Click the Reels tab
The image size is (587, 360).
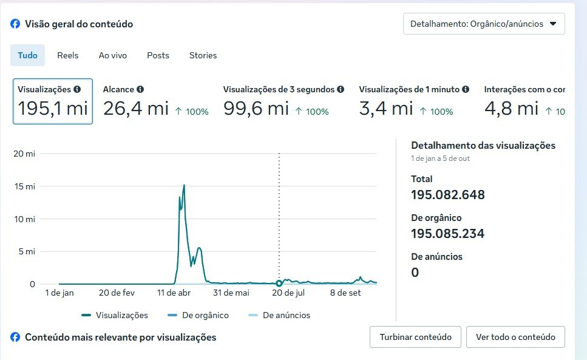[68, 55]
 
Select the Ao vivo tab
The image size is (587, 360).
[113, 55]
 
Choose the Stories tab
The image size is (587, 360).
[203, 55]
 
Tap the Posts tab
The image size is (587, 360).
[158, 55]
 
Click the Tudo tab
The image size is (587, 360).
[27, 55]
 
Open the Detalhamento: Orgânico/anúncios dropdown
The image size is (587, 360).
[484, 24]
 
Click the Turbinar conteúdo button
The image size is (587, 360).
[415, 337]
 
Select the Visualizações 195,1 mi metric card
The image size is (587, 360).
[53, 101]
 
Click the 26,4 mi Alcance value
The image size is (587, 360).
[135, 109]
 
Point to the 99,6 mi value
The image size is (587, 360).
[256, 109]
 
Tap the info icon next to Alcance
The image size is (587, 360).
[140, 89]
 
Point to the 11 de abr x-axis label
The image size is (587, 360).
[174, 293]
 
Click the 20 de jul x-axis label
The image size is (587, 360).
[288, 293]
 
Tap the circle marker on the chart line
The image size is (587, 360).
[279, 284]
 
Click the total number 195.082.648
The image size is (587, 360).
[448, 195]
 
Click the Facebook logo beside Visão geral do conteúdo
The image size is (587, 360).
[15, 24]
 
